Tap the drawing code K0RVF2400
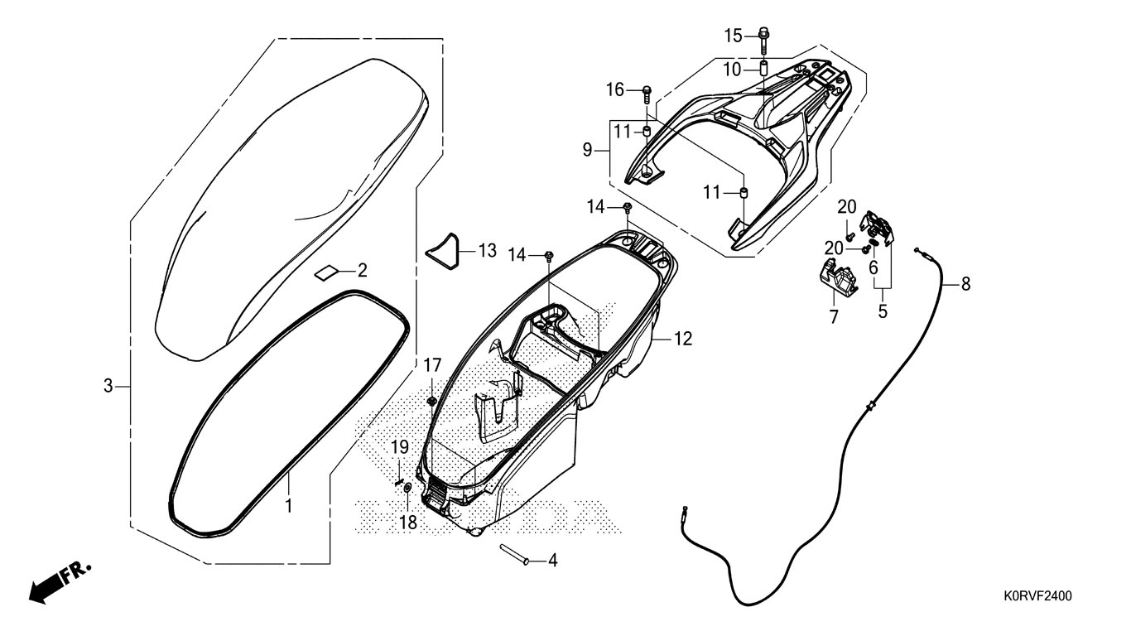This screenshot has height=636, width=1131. (x=1038, y=595)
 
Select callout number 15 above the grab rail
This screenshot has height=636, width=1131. (x=734, y=35)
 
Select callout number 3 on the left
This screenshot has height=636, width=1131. (x=108, y=386)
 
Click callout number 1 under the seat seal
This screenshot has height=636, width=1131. (x=289, y=503)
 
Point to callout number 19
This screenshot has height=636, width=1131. (x=400, y=447)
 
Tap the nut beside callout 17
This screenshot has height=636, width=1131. (x=431, y=402)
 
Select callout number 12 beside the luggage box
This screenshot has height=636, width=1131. (x=683, y=339)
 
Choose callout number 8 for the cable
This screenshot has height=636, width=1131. (x=965, y=284)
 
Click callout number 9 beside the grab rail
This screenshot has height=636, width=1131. (x=610, y=150)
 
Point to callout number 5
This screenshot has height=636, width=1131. (x=883, y=311)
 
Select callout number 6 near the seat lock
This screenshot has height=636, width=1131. (x=873, y=267)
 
